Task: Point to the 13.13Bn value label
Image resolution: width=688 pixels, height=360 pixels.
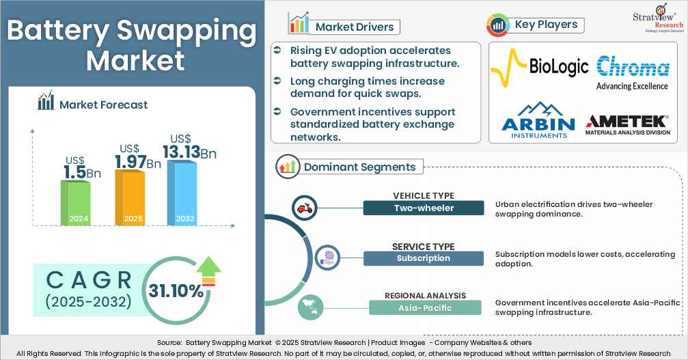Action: tap(189, 152)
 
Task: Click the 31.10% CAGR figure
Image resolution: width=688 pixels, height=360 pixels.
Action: tap(176, 290)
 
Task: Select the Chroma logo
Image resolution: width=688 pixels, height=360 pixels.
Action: tap(632, 73)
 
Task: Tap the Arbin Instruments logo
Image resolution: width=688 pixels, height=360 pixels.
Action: tap(538, 120)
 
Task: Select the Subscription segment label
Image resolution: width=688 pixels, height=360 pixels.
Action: tap(424, 258)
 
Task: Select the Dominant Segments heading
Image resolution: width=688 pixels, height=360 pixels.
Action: tap(359, 167)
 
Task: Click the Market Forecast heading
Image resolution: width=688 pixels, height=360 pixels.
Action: tap(103, 105)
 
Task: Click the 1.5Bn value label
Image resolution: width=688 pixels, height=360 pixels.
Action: tap(81, 171)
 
